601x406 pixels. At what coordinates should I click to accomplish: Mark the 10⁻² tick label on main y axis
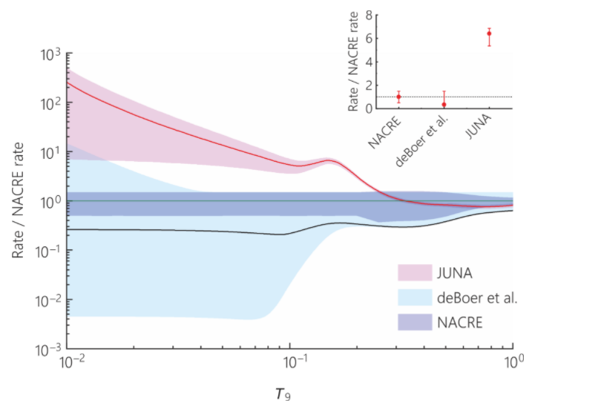(x=49, y=301)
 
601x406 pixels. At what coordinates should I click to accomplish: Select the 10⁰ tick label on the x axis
(x=513, y=364)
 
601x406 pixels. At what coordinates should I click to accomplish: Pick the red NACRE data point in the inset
(x=398, y=96)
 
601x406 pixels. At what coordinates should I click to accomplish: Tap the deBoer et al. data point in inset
(x=444, y=105)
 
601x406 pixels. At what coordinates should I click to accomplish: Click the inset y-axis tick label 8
(x=367, y=16)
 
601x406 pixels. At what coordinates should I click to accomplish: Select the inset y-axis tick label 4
(x=367, y=62)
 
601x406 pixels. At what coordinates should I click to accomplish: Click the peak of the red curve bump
(x=329, y=160)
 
